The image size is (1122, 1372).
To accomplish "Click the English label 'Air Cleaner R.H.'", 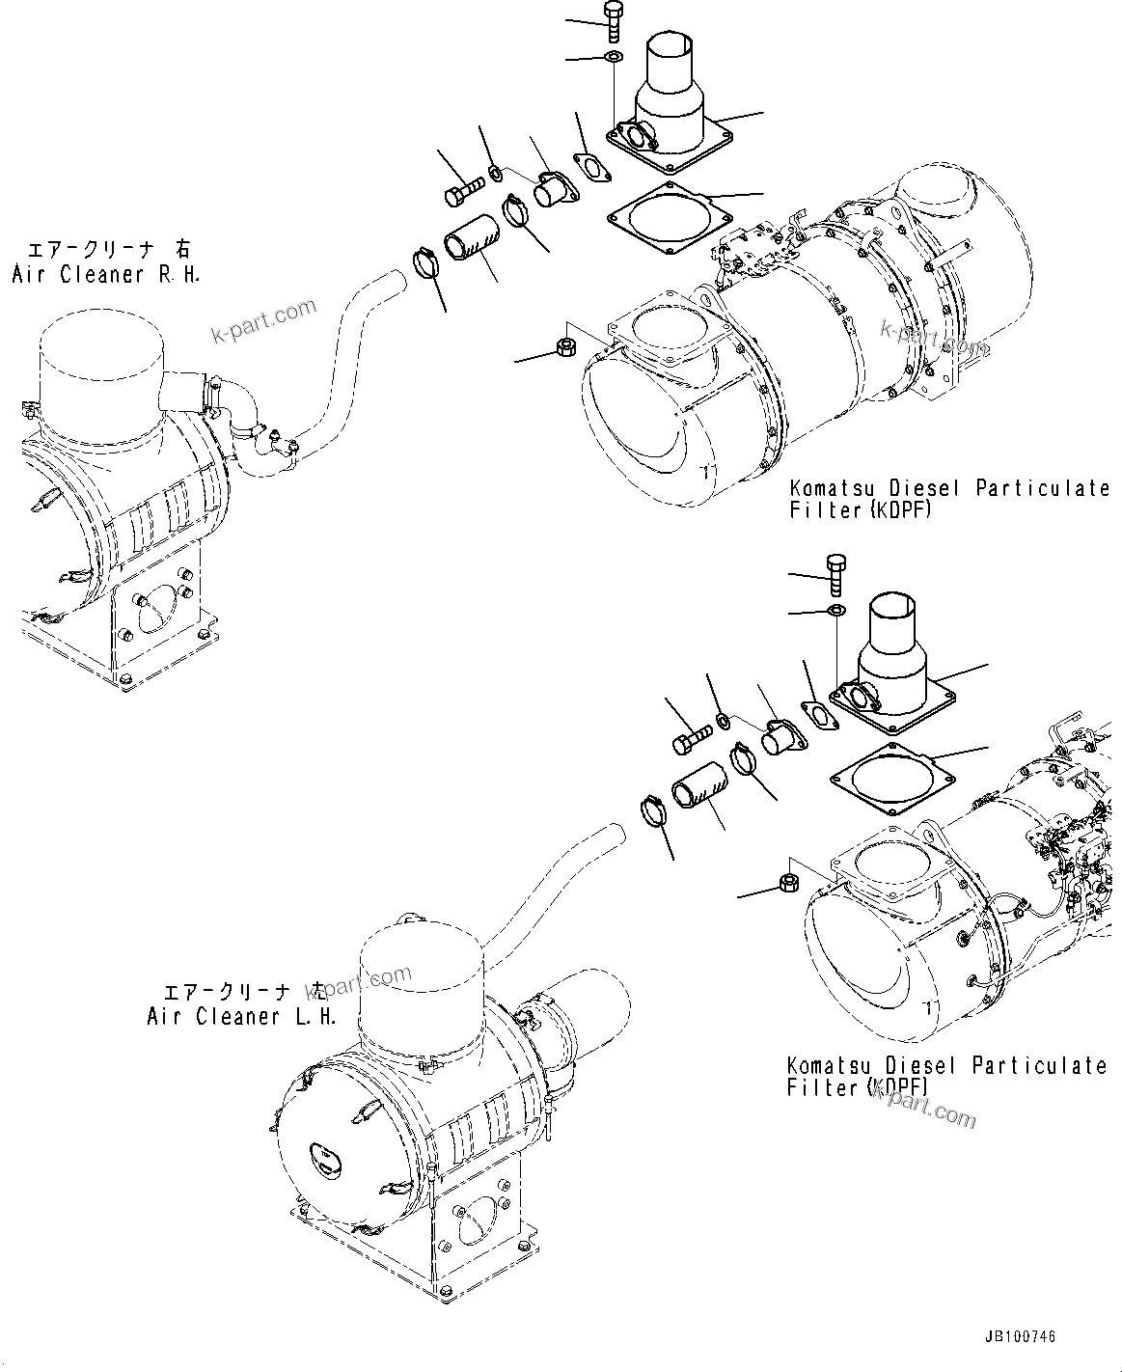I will click(106, 275).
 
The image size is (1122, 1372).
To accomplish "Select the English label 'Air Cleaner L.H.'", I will click(241, 1017).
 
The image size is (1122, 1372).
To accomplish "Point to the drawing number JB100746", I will click(1020, 1336).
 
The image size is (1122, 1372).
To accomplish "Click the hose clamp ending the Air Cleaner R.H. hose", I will click(424, 261).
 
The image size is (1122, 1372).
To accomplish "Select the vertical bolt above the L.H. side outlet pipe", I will click(835, 573).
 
